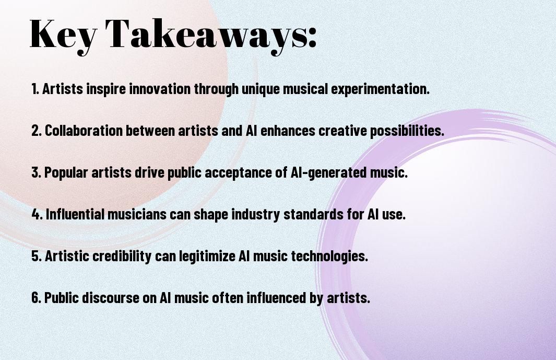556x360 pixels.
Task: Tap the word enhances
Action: (288, 131)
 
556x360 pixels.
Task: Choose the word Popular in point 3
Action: (66, 173)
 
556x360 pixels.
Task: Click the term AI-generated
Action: (328, 173)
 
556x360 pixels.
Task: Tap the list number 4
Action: (37, 214)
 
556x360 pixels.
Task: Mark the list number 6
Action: (37, 297)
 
